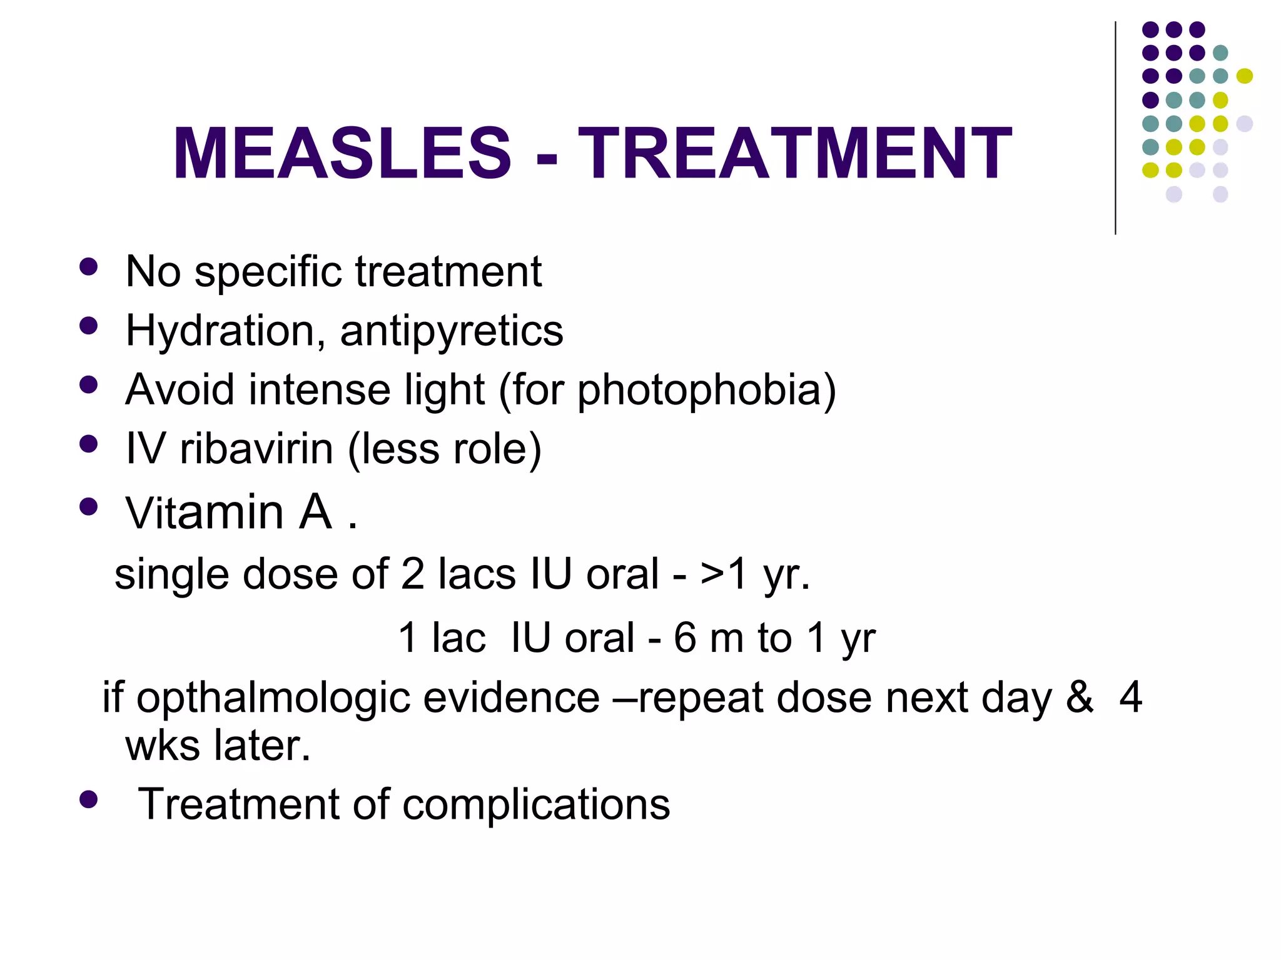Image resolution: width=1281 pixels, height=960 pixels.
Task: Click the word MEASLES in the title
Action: coord(342,154)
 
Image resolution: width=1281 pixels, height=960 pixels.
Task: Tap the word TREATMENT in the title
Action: coord(794,154)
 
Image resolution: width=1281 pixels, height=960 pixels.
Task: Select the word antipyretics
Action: coord(451,331)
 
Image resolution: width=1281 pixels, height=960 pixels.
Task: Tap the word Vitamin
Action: coord(205,512)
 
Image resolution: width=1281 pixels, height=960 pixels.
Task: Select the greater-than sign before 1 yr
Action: coord(712,574)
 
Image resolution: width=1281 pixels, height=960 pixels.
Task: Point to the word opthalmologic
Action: coord(273,697)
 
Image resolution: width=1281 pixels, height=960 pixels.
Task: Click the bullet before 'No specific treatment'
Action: coord(89,267)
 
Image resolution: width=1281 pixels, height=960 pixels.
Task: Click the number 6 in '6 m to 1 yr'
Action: coord(685,638)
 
